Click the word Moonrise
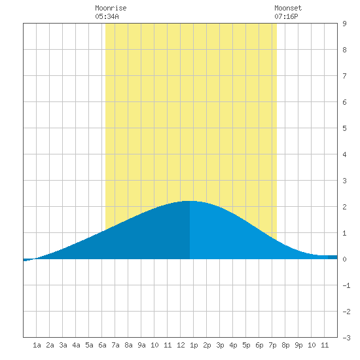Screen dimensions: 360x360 coord(111,9)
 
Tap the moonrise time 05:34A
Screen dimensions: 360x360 coord(107,16)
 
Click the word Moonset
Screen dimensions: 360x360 coord(288,9)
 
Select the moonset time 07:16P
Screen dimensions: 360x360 coord(286,16)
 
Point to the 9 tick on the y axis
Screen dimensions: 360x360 coord(344,24)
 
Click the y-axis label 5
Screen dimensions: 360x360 coord(344,128)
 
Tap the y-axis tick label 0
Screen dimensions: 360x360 coord(344,259)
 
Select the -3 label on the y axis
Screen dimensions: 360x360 coord(346,338)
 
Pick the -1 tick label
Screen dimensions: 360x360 coord(346,285)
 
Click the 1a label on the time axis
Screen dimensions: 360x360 coord(37,345)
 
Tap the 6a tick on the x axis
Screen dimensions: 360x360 coord(102,345)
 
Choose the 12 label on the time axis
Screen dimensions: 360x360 coord(181,345)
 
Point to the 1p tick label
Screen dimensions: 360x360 coord(194,345)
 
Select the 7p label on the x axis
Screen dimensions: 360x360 coord(272,345)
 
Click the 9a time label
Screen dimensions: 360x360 coord(141,345)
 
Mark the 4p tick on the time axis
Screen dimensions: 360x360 coord(233,345)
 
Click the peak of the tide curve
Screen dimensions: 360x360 coord(190,201)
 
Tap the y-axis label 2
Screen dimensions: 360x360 coord(344,207)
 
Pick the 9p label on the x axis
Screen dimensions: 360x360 coord(298,345)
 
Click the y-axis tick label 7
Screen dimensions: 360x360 coord(344,76)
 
